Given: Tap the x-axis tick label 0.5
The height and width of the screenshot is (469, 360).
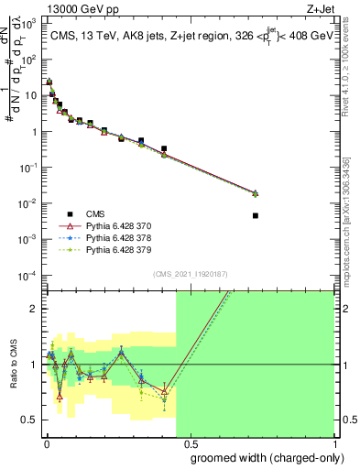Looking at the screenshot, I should [x=190, y=442].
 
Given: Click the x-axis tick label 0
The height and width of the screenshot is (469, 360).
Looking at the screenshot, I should [x=46, y=442].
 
